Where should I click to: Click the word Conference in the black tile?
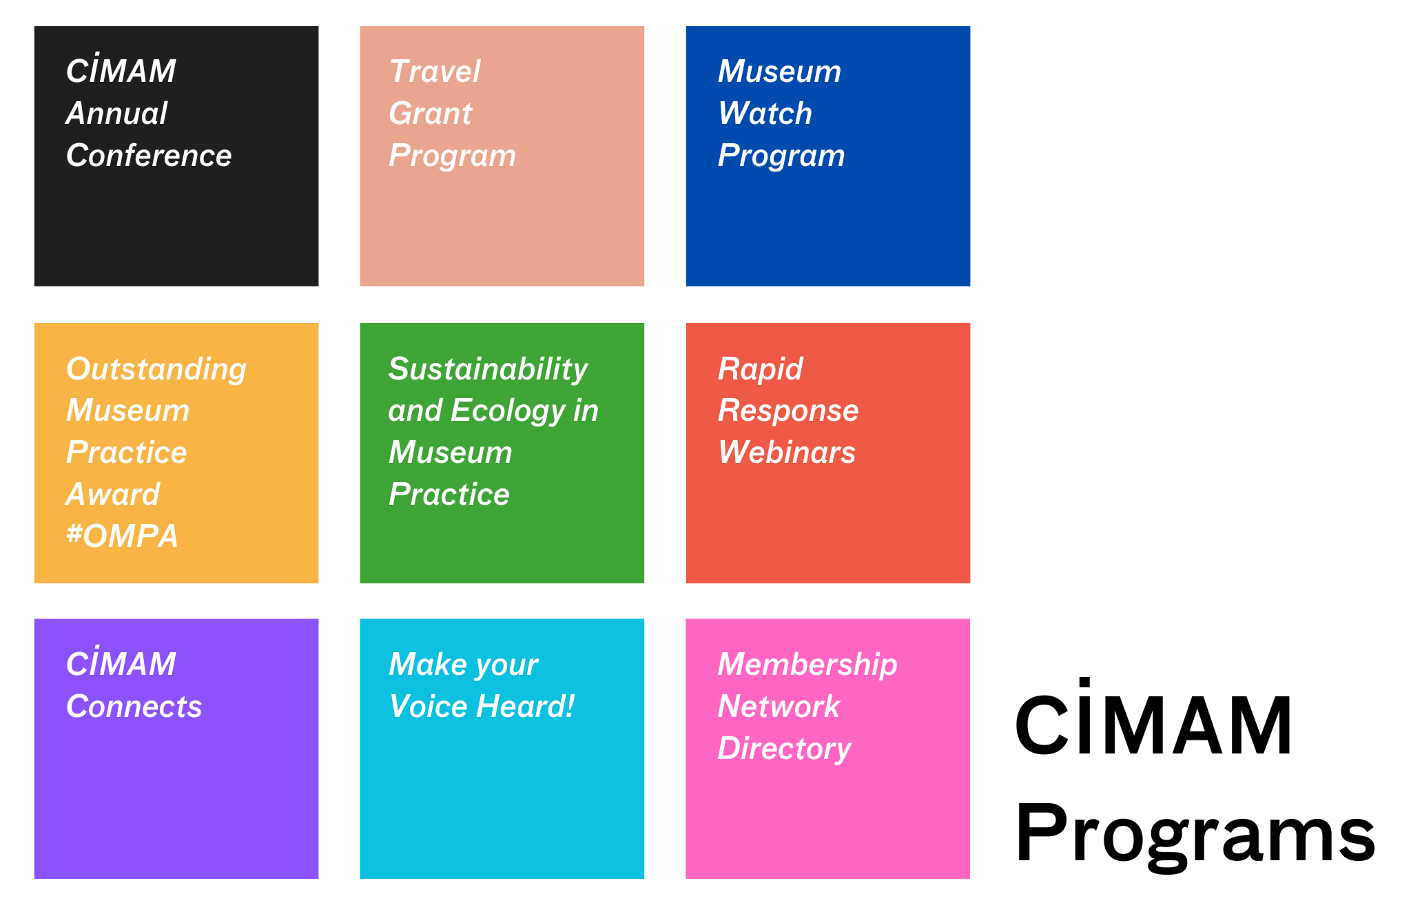point(149,156)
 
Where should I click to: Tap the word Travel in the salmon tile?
point(435,72)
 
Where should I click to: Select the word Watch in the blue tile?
point(765,114)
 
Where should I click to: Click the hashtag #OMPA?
point(122,536)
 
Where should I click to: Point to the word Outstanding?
point(156,369)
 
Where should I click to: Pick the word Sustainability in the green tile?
point(488,369)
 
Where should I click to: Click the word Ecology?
point(508,411)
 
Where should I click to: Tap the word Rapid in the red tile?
point(760,369)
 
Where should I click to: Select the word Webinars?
point(787,452)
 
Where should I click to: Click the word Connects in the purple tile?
point(134,707)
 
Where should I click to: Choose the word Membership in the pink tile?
point(807,665)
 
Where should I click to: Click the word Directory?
point(784,749)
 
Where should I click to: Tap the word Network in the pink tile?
point(779,707)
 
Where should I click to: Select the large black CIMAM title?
point(1153,723)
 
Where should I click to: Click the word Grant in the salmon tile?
point(431,114)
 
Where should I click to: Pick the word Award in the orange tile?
point(113,495)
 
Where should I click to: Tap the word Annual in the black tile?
point(116,114)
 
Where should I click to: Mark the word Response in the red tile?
point(788,411)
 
